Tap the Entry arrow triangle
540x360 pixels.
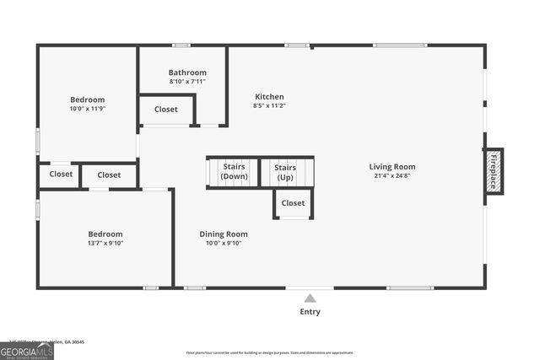pos(310,298)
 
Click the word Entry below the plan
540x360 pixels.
pos(310,312)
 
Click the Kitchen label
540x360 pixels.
pos(269,97)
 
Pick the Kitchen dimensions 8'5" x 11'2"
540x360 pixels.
pos(269,106)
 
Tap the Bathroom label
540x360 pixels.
pos(187,73)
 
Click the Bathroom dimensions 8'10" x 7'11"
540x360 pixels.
pos(187,82)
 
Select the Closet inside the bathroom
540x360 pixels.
pos(166,110)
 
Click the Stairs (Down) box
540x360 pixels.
pos(234,172)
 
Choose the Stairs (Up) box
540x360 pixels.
pos(285,172)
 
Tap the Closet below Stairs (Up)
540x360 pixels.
pos(293,203)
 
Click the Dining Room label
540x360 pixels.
pos(224,234)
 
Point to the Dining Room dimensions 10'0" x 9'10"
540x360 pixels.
pos(224,244)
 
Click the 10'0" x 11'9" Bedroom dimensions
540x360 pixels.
pos(88,109)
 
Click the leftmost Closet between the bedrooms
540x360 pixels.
pos(61,175)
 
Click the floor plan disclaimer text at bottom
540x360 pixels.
pos(270,352)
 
